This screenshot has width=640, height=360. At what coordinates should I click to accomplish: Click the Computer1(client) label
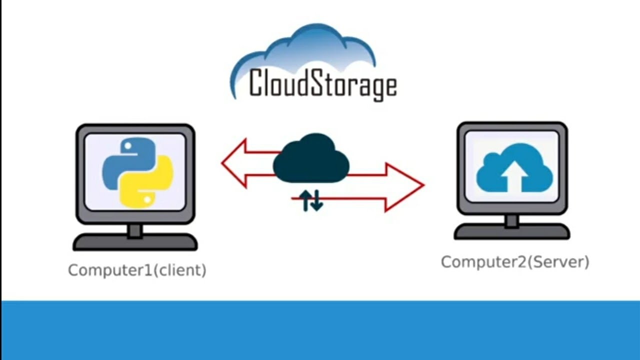(x=137, y=270)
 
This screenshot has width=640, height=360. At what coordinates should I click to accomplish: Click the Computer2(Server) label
(x=515, y=262)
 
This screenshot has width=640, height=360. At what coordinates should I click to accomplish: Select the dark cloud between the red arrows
(x=310, y=159)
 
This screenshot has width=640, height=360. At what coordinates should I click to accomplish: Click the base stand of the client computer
(x=135, y=243)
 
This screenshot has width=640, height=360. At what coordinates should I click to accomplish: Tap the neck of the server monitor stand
(x=511, y=220)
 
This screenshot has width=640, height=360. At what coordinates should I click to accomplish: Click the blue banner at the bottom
(x=320, y=330)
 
